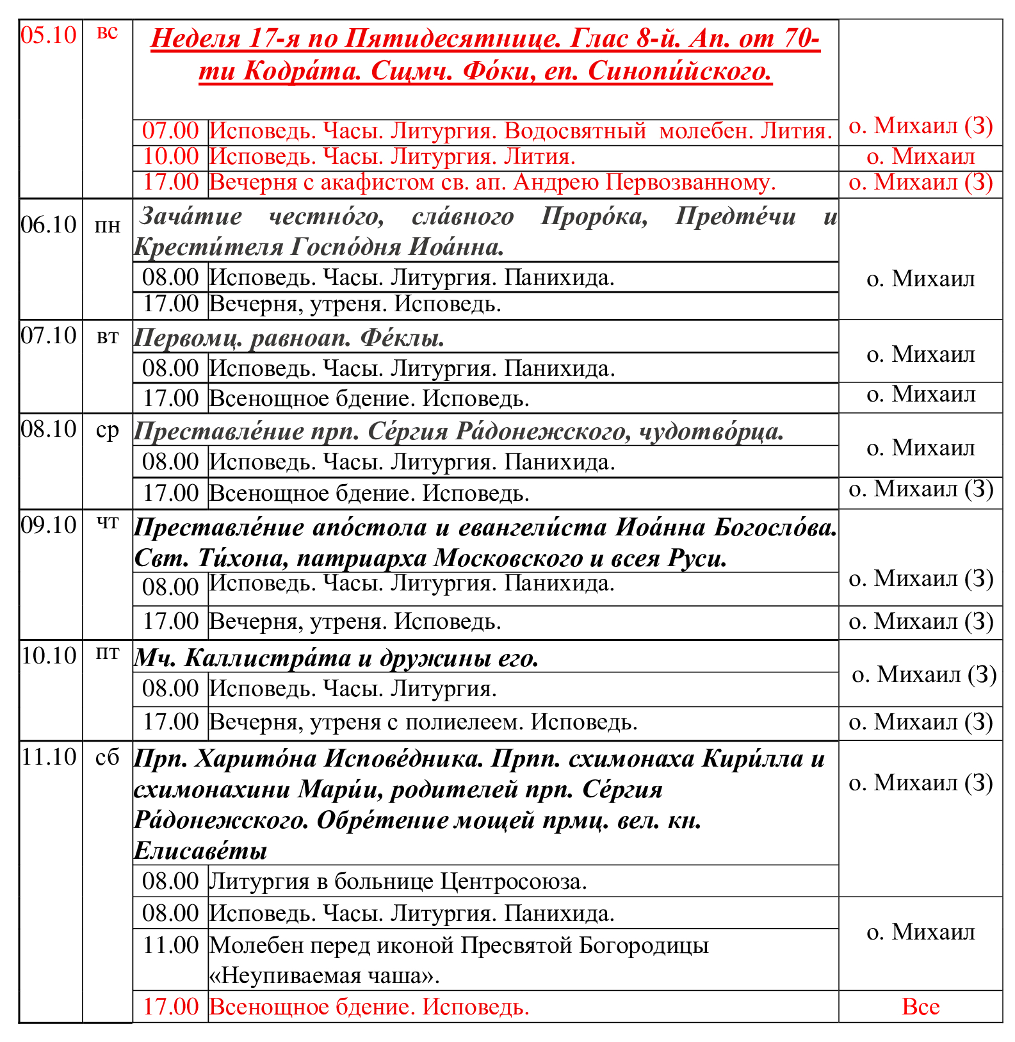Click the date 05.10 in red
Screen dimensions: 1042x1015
click(x=49, y=35)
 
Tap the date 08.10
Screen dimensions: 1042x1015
click(x=49, y=429)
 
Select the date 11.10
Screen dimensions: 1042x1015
click(x=49, y=757)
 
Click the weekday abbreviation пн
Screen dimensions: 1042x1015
click(x=108, y=225)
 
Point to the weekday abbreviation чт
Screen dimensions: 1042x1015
click(x=108, y=524)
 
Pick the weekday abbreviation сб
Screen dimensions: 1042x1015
click(x=108, y=758)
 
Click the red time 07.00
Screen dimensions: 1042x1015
click(x=170, y=131)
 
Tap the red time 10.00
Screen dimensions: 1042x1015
click(x=170, y=156)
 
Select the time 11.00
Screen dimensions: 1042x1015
click(x=170, y=945)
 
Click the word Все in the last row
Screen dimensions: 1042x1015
click(x=920, y=1007)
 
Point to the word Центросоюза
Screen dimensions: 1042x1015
click(x=514, y=882)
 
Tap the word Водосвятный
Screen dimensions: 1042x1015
click(x=575, y=131)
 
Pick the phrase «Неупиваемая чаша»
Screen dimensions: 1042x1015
click(x=325, y=976)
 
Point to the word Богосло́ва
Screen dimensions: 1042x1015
click(x=775, y=528)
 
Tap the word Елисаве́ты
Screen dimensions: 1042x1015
click(x=200, y=851)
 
